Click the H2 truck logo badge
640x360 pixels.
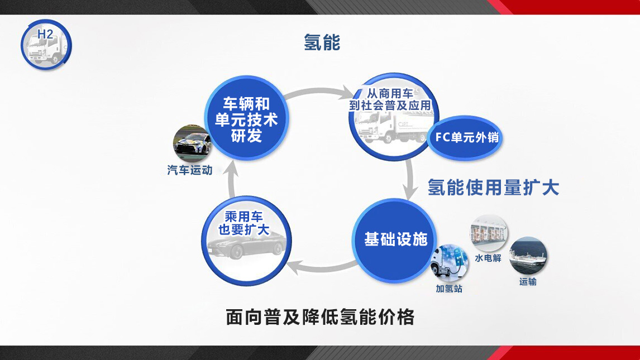click(46, 45)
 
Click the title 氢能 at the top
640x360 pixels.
click(322, 42)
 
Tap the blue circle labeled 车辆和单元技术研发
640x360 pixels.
click(246, 118)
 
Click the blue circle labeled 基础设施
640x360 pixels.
click(395, 240)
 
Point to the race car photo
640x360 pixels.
click(192, 144)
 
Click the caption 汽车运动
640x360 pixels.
click(190, 170)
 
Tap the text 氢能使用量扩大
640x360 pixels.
click(493, 188)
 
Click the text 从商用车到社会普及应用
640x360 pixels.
click(390, 99)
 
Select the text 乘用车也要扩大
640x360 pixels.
click(243, 223)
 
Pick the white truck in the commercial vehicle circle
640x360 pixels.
click(391, 127)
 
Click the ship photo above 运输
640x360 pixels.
click(528, 256)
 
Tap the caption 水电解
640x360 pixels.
click(488, 258)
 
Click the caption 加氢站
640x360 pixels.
click(449, 289)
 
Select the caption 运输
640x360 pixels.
click(528, 282)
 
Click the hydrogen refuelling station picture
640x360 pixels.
click(450, 263)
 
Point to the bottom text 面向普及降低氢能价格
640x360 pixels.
click(320, 317)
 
